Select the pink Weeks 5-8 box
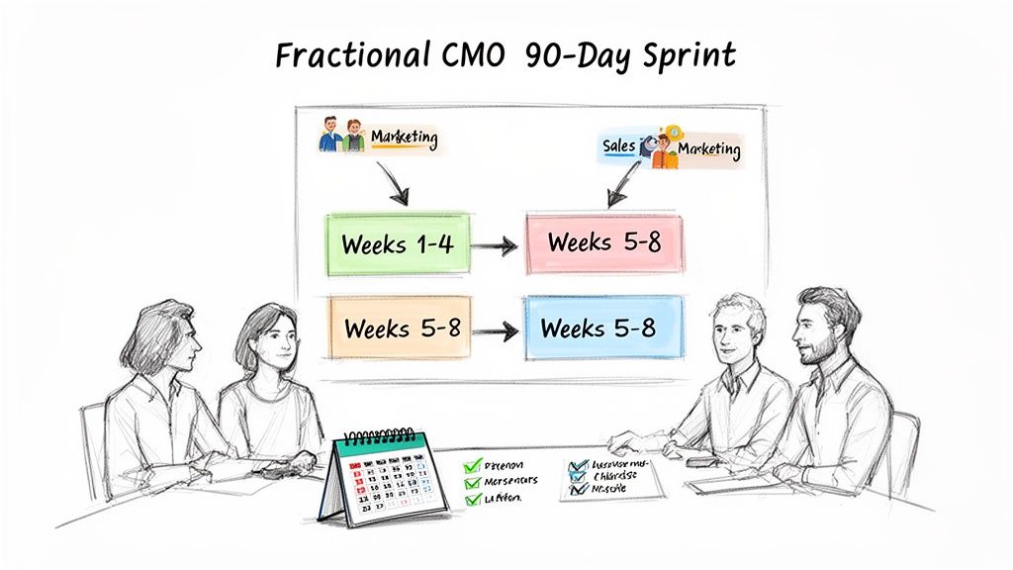[x=604, y=241]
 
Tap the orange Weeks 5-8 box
[x=401, y=327]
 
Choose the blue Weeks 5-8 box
[x=599, y=327]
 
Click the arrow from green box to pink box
[x=496, y=244]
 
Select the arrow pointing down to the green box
[x=390, y=182]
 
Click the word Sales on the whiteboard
[x=618, y=146]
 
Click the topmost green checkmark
[x=472, y=463]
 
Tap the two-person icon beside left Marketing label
[x=341, y=136]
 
